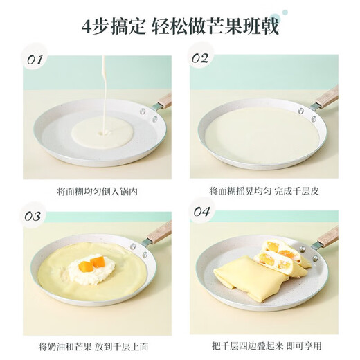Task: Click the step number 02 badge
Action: tap(199, 60)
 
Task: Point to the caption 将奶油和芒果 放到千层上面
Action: tap(97, 345)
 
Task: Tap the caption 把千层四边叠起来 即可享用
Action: tap(266, 345)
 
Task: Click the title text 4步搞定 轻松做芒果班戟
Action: tap(179, 25)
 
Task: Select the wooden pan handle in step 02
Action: tap(326, 98)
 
